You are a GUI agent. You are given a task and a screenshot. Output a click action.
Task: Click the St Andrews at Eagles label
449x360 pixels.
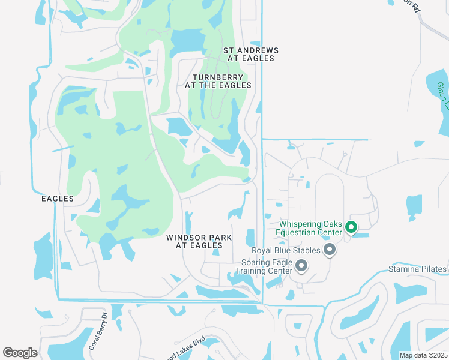(249, 54)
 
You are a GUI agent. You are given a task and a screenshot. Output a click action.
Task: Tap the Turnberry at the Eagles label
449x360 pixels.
(218, 81)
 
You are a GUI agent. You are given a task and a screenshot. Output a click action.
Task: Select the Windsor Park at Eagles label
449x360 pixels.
(199, 241)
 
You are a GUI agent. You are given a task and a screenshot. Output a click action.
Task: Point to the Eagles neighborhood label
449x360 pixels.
(58, 199)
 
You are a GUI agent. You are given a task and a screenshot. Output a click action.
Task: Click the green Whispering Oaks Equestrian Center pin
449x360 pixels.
(351, 227)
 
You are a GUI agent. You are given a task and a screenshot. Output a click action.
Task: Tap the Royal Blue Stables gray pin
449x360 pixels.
(329, 250)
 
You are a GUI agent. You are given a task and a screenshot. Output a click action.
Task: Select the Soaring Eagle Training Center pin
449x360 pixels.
(301, 265)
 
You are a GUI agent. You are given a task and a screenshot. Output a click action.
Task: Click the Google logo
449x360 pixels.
(20, 353)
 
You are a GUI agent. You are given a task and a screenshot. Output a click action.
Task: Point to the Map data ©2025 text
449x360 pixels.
(423, 355)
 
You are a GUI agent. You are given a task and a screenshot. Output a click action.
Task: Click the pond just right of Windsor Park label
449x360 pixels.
(250, 236)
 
